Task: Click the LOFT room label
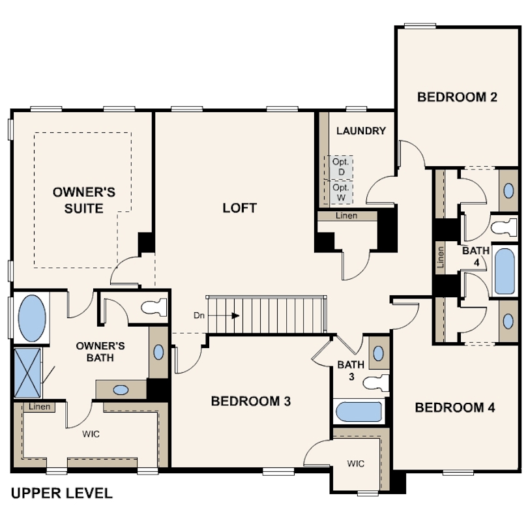[x=240, y=208]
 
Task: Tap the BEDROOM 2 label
[x=458, y=97]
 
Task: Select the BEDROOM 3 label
[x=251, y=401]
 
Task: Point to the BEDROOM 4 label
[x=455, y=407]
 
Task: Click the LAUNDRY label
[x=361, y=130]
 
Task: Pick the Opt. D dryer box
[x=341, y=167]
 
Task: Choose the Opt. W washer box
[x=341, y=192]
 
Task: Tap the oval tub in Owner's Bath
[x=32, y=318]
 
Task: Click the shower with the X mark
[x=27, y=373]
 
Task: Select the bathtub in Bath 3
[x=359, y=411]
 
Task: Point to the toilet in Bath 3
[x=375, y=383]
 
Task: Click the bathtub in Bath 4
[x=505, y=271]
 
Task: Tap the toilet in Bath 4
[x=504, y=227]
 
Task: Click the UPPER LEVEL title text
[x=62, y=493]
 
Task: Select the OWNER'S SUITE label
[x=84, y=200]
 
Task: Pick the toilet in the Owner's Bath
[x=154, y=307]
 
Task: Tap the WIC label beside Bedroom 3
[x=356, y=463]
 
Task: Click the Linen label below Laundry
[x=347, y=216]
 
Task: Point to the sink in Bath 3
[x=379, y=353]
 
